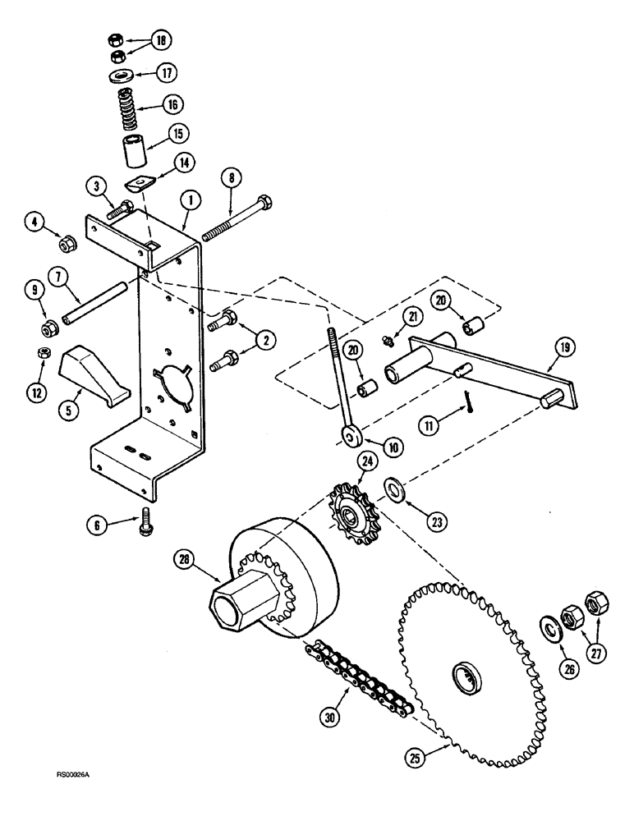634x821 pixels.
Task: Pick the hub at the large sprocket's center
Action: click(x=465, y=679)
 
